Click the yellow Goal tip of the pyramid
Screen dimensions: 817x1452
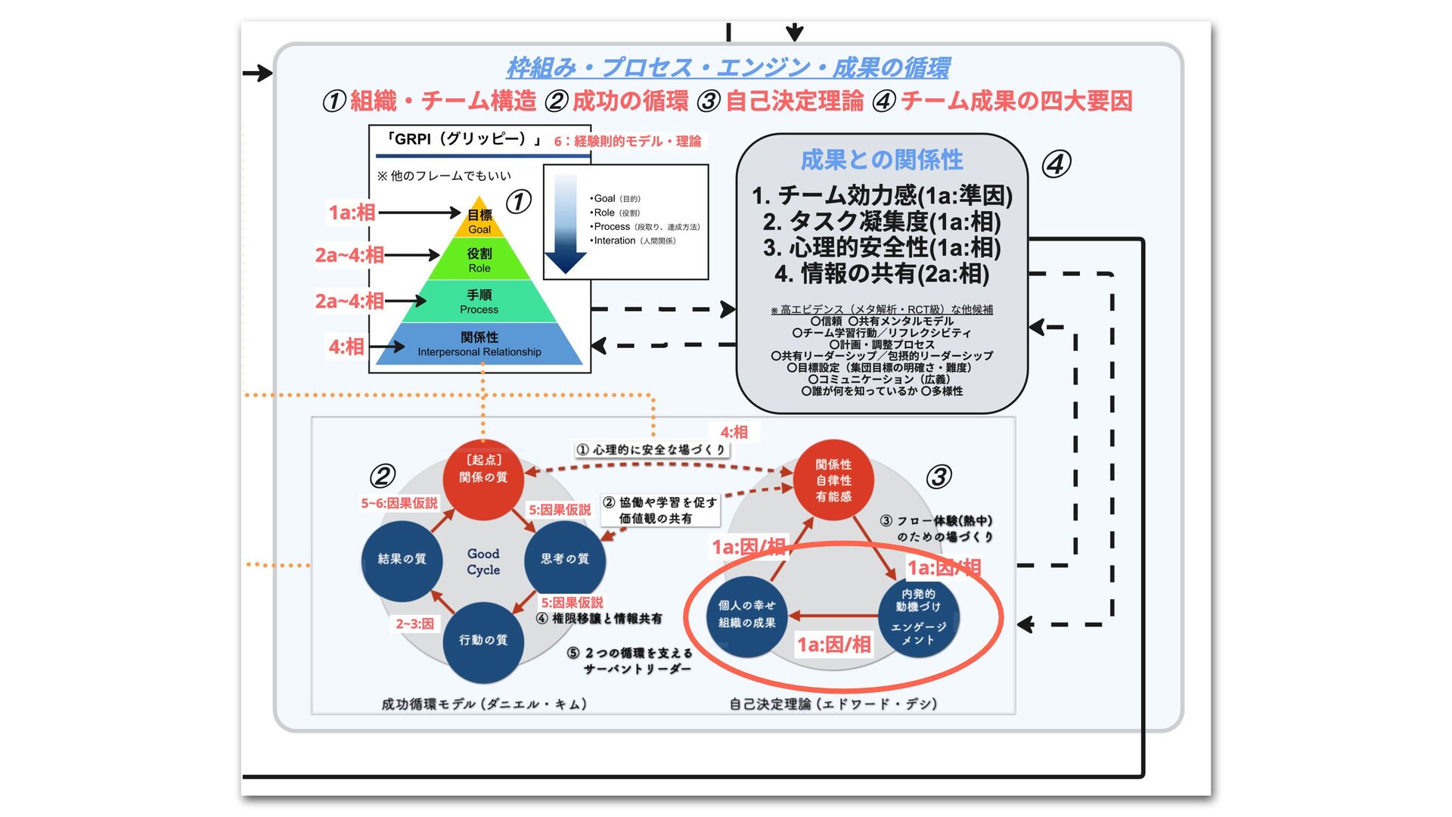click(x=479, y=220)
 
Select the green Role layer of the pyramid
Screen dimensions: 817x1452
click(x=479, y=259)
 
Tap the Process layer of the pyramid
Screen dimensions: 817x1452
click(x=479, y=301)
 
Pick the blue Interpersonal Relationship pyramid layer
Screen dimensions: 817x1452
click(x=479, y=344)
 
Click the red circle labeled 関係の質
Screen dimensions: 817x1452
click(x=483, y=478)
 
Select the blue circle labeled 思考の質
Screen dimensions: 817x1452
click(x=564, y=559)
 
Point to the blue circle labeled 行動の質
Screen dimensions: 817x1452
click(x=483, y=641)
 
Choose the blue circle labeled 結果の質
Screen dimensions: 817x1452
click(x=402, y=559)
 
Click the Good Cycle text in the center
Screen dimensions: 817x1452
click(x=483, y=561)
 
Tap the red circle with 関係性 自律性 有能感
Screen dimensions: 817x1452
click(x=833, y=480)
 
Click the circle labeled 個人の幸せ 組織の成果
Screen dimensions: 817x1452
click(x=747, y=614)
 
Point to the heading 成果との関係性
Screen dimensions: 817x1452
click(x=882, y=160)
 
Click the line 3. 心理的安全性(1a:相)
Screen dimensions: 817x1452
click(x=882, y=247)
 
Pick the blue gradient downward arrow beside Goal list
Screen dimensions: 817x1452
click(x=566, y=223)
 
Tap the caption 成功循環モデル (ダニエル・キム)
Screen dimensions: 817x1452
click(x=484, y=704)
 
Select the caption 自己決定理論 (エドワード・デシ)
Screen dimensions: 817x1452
click(x=833, y=704)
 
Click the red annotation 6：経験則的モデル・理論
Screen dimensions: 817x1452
click(x=627, y=141)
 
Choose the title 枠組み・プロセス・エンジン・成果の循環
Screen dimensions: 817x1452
click(x=728, y=68)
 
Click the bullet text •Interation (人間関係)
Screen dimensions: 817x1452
click(x=634, y=241)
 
